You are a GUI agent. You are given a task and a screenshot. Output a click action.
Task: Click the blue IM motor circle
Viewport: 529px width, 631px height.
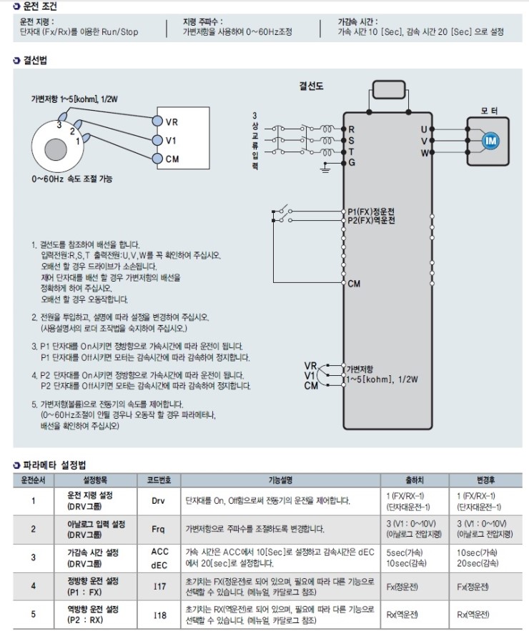[x=490, y=141]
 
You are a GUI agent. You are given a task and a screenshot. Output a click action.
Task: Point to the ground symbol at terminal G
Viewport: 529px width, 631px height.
[x=326, y=167]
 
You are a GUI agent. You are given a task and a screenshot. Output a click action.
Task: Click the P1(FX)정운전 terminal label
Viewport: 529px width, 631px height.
[x=371, y=212]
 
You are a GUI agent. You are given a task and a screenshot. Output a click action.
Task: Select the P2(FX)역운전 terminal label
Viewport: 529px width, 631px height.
[x=371, y=221]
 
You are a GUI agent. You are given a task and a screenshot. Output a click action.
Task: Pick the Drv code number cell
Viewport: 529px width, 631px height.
[x=159, y=501]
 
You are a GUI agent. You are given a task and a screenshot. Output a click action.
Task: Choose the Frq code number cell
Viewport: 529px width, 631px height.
[x=159, y=530]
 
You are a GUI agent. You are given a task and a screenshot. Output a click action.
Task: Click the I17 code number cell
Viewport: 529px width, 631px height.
[x=159, y=586]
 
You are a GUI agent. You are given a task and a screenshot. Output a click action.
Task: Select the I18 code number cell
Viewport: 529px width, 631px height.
[x=159, y=615]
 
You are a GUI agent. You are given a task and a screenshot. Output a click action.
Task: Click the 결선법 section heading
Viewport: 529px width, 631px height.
[x=34, y=61]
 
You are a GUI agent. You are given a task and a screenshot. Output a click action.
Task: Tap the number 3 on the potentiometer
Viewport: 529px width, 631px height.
[x=61, y=124]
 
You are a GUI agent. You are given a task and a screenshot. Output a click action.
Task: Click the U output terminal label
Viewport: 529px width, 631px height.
[x=424, y=129]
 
